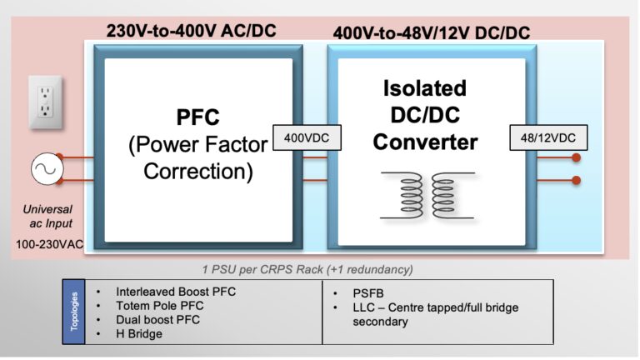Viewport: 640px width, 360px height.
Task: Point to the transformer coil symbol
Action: tap(427, 194)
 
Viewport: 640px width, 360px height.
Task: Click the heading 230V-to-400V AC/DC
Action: tap(192, 31)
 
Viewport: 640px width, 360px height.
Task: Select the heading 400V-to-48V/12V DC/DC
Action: tap(431, 32)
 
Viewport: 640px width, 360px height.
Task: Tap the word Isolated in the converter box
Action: tap(426, 88)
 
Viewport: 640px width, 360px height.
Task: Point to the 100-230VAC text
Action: tap(49, 245)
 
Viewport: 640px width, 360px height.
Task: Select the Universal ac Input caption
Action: tap(48, 216)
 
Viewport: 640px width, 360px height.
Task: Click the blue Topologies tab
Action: tap(74, 311)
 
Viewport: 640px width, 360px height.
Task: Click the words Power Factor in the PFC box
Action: tap(198, 145)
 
